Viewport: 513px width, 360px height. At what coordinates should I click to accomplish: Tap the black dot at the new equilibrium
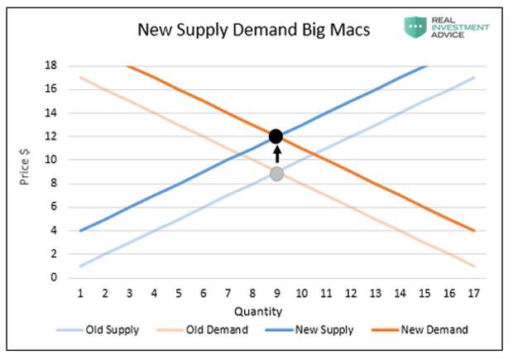pos(276,136)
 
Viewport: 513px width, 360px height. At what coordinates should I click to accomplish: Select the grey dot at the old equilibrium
pos(276,173)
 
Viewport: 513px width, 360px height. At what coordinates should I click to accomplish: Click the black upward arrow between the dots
pos(276,155)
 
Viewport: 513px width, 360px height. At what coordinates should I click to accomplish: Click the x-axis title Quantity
pos(258,311)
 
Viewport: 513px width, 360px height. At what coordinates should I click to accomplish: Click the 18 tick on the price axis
pos(52,65)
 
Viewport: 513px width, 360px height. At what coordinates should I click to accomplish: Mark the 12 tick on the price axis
pos(52,136)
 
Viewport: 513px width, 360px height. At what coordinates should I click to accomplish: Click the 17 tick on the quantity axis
pos(473,293)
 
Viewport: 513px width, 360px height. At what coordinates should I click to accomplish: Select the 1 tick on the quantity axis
pos(80,293)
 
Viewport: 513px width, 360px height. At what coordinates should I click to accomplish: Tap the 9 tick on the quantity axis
pos(276,293)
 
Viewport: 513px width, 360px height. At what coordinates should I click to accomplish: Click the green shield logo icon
pos(416,28)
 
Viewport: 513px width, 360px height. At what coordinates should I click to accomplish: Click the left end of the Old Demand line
pos(80,78)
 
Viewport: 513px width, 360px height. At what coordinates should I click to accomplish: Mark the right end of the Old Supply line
pos(474,78)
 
